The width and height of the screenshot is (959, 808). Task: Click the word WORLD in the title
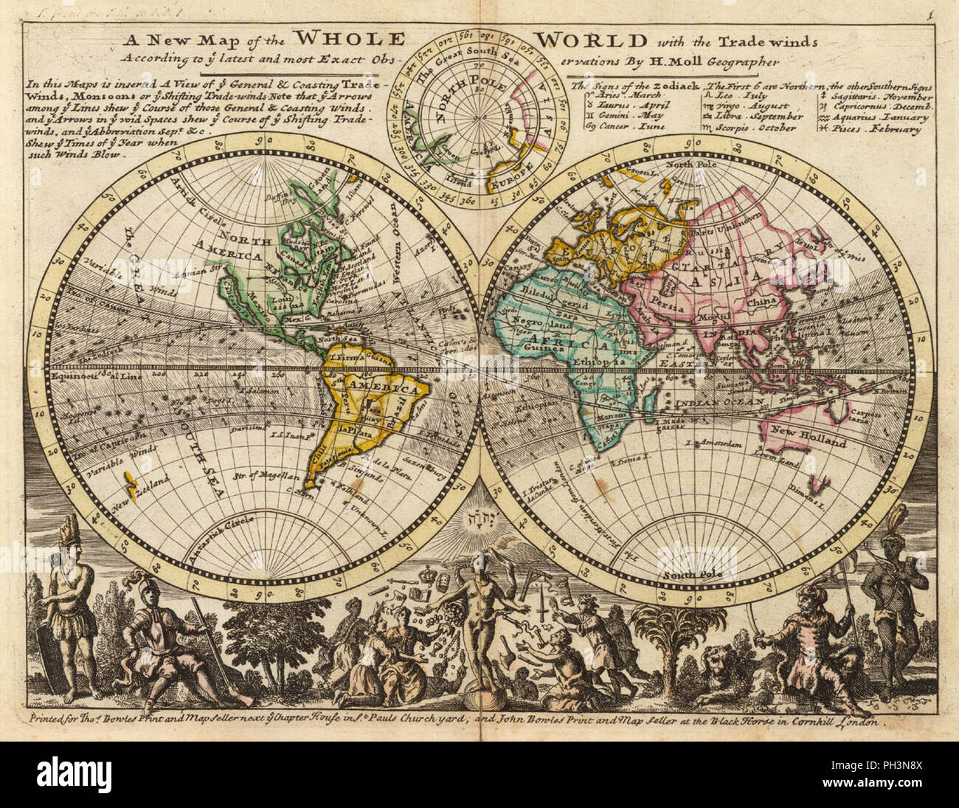click(x=590, y=40)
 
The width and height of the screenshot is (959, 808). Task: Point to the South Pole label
click(x=685, y=574)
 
